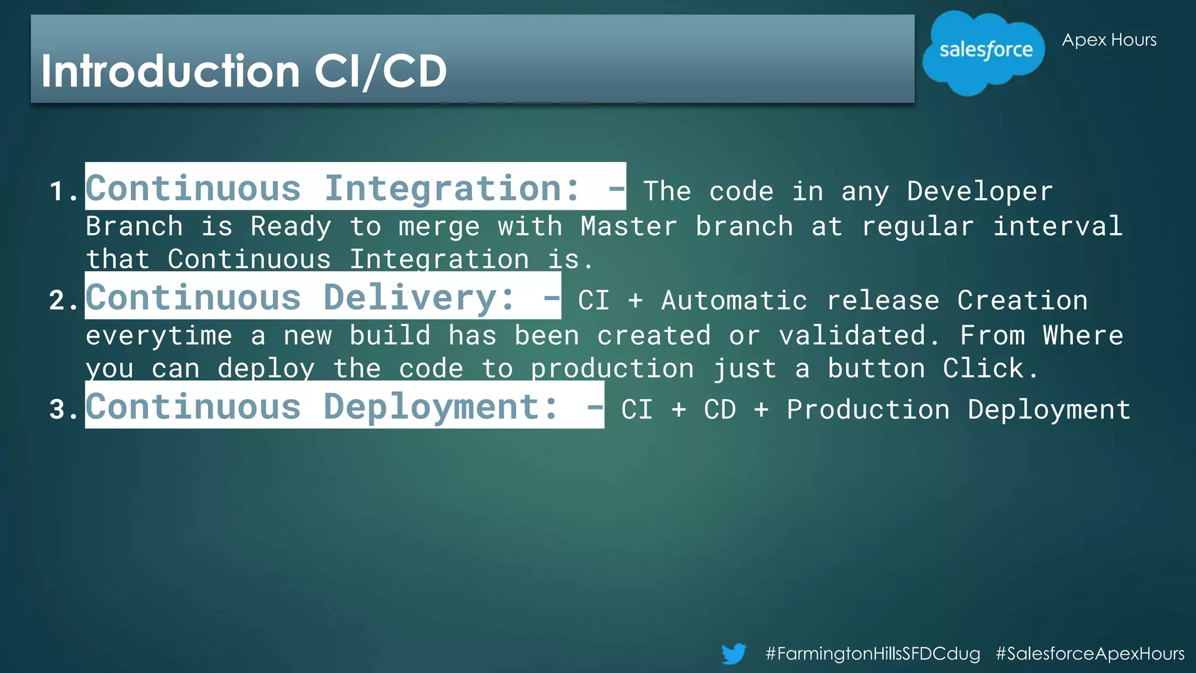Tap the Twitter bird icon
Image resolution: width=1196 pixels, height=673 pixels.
tap(733, 653)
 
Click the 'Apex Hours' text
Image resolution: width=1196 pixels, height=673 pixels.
tap(1109, 40)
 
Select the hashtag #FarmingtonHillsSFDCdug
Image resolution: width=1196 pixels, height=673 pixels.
tap(872, 653)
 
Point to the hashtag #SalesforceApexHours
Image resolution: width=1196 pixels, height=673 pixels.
tap(1090, 653)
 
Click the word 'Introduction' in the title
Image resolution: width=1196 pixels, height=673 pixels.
tap(171, 71)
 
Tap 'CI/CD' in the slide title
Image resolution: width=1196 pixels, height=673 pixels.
tap(381, 71)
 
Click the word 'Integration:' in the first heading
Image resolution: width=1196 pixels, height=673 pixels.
tap(453, 189)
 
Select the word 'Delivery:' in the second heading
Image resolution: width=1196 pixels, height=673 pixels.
tap(419, 298)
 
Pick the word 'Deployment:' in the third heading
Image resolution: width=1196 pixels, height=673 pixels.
tap(441, 407)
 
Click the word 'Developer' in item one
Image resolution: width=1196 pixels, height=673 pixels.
tap(980, 192)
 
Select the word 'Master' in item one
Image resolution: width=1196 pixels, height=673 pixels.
tap(628, 227)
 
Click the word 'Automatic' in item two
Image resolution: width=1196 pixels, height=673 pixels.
tap(734, 301)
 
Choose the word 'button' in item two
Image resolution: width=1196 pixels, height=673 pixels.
tap(876, 369)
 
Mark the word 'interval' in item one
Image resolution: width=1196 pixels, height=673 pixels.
tap(1058, 227)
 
